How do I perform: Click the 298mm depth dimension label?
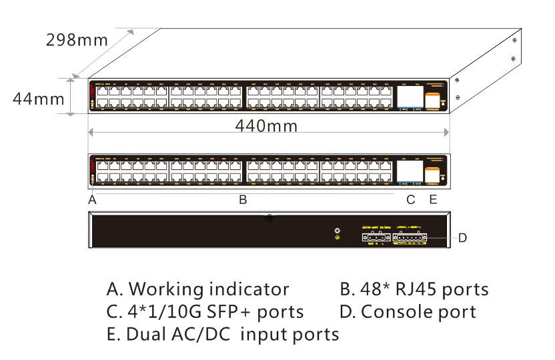76,40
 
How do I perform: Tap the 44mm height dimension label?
39,99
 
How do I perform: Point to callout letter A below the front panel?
93,199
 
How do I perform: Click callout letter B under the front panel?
243,199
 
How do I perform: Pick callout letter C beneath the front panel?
410,199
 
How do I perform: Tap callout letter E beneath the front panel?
432,199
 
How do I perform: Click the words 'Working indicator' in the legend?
208,289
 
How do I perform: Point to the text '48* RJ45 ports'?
414,289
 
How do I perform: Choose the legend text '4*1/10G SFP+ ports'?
205,311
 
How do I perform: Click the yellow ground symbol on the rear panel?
338,237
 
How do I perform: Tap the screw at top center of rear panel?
269,217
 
